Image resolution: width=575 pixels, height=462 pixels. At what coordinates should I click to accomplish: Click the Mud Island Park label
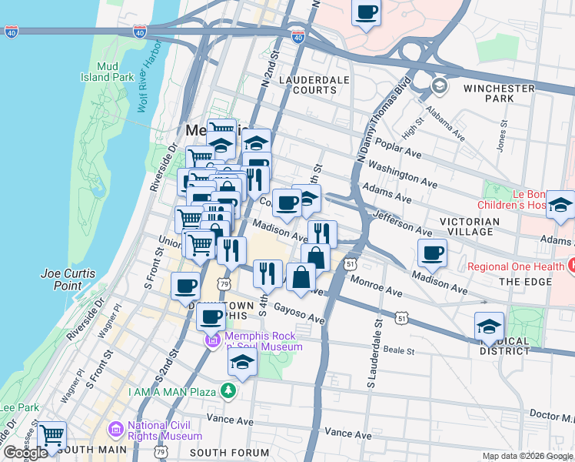108,72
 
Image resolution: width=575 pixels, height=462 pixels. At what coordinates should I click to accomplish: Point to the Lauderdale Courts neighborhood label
314,85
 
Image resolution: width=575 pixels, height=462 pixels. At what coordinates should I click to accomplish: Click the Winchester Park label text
499,93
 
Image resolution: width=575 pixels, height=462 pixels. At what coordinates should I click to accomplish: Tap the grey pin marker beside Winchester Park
439,84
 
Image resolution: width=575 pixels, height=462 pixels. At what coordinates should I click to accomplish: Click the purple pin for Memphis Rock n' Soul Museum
211,340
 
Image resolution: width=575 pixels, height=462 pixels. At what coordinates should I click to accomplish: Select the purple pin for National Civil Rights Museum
115,429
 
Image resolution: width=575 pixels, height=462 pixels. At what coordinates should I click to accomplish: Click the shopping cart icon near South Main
52,435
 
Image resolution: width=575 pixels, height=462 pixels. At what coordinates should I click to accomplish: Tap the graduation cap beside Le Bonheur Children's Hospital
561,205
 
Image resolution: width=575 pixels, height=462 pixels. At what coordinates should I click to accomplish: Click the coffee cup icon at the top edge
366,12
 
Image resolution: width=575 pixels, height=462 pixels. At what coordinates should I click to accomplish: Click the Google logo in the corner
25,453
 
